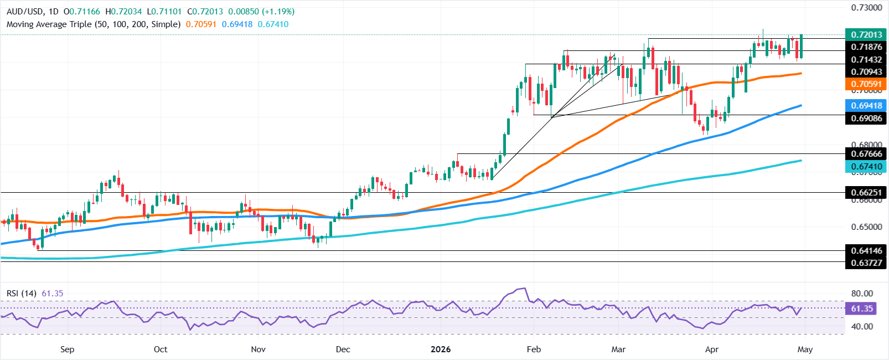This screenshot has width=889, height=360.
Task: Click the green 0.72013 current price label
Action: tap(866, 35)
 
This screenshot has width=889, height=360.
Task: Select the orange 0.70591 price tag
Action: tap(866, 84)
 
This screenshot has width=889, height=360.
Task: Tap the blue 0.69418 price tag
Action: tap(866, 105)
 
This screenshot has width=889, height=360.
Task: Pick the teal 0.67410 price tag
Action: tap(866, 167)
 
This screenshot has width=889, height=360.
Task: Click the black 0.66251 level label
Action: tap(866, 193)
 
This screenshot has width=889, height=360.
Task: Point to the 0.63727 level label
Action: tap(866, 263)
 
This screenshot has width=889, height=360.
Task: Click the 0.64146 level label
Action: tap(866, 251)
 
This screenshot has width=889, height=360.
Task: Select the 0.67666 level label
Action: tap(866, 153)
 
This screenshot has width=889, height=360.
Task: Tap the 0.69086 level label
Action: tap(866, 118)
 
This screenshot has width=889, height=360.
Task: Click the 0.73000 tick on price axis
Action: tap(866, 8)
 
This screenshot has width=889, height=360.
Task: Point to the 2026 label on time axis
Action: tap(441, 349)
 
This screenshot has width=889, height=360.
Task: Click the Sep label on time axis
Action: tap(67, 349)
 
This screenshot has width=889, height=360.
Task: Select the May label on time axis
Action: tap(805, 349)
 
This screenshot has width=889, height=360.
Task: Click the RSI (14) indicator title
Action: tap(22, 293)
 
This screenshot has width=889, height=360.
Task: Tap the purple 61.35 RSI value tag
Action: tap(862, 308)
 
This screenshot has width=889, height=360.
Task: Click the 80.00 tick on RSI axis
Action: tap(862, 294)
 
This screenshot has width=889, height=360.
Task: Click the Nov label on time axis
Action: tap(258, 349)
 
